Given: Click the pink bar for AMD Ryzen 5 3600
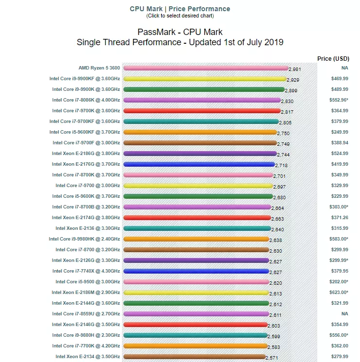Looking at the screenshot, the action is pos(206,68).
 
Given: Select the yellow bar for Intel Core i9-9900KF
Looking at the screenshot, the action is pos(205,79).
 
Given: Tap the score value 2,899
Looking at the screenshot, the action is pos(291,90).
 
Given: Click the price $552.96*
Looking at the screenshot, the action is pos(339,100).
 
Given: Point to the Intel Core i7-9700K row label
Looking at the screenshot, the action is pos(86,111).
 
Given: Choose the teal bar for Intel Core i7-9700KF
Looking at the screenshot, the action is pos(201,121).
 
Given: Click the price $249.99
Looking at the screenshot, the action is pos(340,132).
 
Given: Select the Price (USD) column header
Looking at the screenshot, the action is pos(333,59).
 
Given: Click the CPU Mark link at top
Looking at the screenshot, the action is pos(146,9).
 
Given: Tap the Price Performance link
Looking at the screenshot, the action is pos(199,9).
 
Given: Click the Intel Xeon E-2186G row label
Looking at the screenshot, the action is pos(86,154).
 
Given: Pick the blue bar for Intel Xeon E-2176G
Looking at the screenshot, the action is pos(199,164).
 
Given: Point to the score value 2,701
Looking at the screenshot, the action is pos(279,176).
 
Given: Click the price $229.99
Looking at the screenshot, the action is pos(340,196).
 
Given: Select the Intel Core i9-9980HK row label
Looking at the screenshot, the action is pos(85,239).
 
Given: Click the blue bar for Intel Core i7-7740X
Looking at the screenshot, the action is pos(196,271).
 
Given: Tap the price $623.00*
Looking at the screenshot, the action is pos(339,293).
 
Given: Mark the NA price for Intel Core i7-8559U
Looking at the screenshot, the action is pos(345,314).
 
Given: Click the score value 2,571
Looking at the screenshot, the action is pos(272,358).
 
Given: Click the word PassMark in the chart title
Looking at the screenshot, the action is pos(156,32).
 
